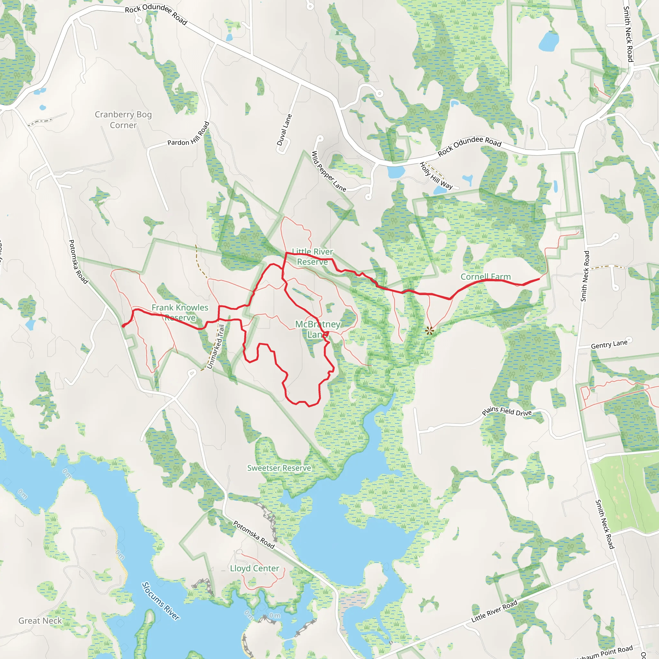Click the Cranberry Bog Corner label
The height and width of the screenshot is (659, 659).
[x=123, y=120]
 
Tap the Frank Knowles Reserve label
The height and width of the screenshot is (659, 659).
[x=180, y=312]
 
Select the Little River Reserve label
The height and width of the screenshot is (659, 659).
[x=312, y=256]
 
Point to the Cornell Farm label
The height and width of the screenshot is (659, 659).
[x=485, y=277]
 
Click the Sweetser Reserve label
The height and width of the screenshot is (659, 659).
[x=279, y=468]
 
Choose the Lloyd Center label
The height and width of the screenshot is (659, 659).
[x=255, y=568]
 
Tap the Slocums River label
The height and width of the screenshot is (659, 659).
[x=160, y=601]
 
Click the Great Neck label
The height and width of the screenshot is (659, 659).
[x=40, y=620]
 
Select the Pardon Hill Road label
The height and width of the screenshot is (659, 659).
[x=189, y=135]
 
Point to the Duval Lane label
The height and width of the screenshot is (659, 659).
[x=284, y=130]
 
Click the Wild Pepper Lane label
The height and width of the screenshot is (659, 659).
[x=329, y=171]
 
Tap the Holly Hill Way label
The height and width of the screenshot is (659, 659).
[x=436, y=176]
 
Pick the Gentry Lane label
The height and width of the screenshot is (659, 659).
[x=609, y=345]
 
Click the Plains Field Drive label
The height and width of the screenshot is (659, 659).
[x=506, y=411]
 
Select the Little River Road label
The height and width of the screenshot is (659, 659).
[x=494, y=611]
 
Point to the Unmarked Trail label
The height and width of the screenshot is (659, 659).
[x=216, y=347]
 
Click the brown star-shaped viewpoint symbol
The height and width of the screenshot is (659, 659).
[x=430, y=330]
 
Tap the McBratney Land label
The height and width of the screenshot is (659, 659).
[x=318, y=329]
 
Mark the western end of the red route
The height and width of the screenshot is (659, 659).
[x=123, y=326]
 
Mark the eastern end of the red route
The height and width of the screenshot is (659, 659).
[x=539, y=279]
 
